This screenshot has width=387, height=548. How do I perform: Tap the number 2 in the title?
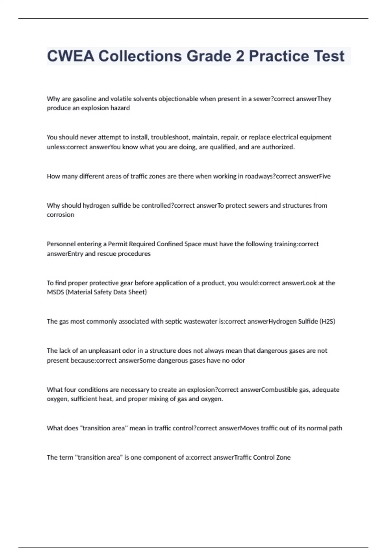coord(240,56)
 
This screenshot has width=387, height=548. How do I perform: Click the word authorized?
coord(278,147)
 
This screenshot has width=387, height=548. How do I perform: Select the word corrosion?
coord(60,215)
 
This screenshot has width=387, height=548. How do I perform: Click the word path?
coord(335,428)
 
